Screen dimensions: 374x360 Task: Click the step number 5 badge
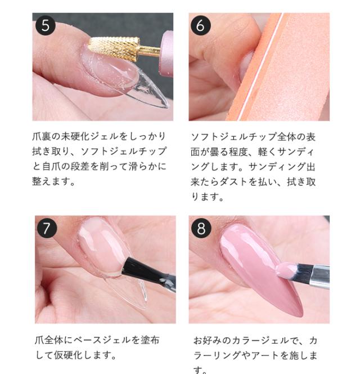pyautogui.click(x=45, y=25)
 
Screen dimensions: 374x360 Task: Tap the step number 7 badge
pyautogui.click(x=47, y=228)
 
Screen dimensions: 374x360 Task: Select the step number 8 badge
pyautogui.click(x=201, y=228)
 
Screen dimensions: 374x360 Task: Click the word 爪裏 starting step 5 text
pyautogui.click(x=43, y=137)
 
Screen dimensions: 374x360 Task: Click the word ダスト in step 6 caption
pyautogui.click(x=252, y=182)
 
